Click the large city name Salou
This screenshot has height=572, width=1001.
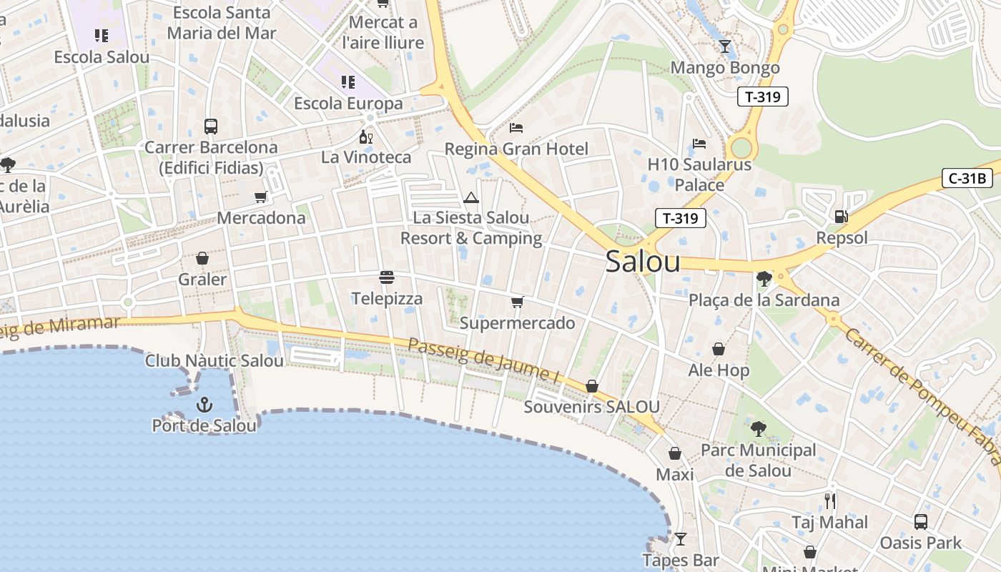(x=643, y=262)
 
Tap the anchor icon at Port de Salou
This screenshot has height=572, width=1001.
(x=204, y=405)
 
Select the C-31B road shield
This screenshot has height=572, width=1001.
(x=967, y=179)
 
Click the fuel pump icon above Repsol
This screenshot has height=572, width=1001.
(x=842, y=216)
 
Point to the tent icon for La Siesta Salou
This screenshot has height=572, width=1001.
(x=470, y=197)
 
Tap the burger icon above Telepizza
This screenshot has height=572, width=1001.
(x=387, y=277)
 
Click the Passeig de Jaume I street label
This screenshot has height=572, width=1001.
(x=483, y=360)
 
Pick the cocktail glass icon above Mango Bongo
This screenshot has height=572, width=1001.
(x=725, y=46)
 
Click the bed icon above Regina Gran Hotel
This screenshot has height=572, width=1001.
(x=516, y=128)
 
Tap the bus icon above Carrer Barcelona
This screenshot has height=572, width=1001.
(x=211, y=127)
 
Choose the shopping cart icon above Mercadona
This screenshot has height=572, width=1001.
(x=261, y=197)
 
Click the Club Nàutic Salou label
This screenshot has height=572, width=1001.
(x=214, y=361)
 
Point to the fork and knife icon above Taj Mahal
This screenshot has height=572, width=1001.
(x=829, y=500)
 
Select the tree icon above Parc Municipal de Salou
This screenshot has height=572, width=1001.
(x=758, y=429)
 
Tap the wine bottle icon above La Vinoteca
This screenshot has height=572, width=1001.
(x=365, y=137)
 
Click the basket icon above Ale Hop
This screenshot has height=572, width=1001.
(x=719, y=349)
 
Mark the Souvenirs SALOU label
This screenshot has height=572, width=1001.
(x=591, y=407)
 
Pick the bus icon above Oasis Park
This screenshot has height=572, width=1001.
(x=921, y=522)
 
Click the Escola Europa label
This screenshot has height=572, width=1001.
(x=348, y=104)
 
